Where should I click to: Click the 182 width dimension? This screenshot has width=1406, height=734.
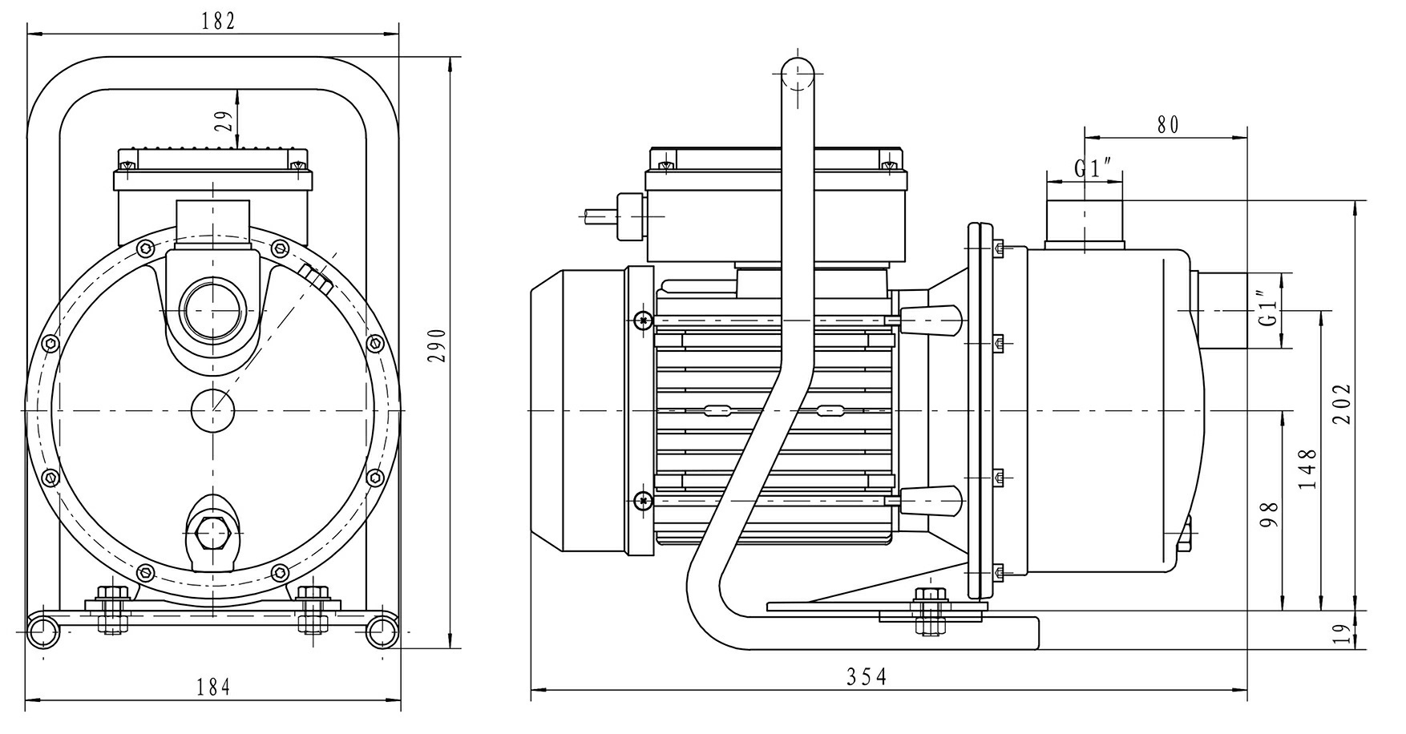pyautogui.click(x=218, y=22)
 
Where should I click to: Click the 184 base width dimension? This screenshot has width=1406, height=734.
pyautogui.click(x=214, y=687)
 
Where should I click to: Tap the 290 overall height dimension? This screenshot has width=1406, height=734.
pyautogui.click(x=438, y=345)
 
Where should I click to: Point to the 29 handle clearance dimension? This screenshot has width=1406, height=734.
pyautogui.click(x=225, y=120)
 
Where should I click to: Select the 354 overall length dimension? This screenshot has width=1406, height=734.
pyautogui.click(x=867, y=677)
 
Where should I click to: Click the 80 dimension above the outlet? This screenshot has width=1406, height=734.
pyautogui.click(x=1168, y=124)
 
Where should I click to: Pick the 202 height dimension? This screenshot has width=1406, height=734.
pyautogui.click(x=1343, y=403)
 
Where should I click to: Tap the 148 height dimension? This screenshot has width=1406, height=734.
pyautogui.click(x=1308, y=469)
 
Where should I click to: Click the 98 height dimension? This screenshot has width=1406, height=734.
pyautogui.click(x=1269, y=514)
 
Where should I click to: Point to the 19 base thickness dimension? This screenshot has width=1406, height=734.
pyautogui.click(x=1338, y=635)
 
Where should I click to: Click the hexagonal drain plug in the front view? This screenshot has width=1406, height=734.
pyautogui.click(x=212, y=532)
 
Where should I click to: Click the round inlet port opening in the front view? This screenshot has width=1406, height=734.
pyautogui.click(x=212, y=309)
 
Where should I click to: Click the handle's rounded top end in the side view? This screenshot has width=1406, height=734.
pyautogui.click(x=798, y=76)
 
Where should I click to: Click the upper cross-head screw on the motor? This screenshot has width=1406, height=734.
pyautogui.click(x=642, y=321)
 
